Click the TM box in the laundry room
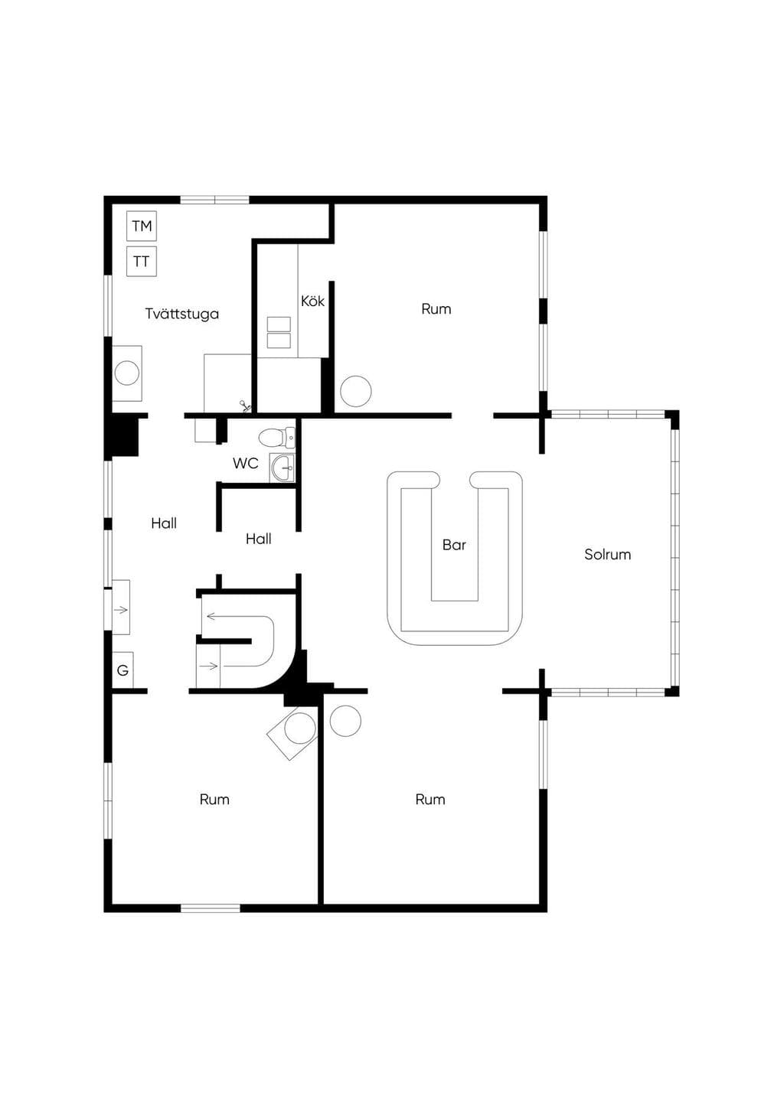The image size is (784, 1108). (142, 226)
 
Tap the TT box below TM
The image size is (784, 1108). (142, 261)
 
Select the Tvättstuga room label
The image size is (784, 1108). (181, 314)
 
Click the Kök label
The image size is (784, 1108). (312, 301)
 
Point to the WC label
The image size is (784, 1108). (246, 464)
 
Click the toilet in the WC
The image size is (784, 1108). (276, 437)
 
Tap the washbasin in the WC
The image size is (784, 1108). (282, 468)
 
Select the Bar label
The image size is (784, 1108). (454, 545)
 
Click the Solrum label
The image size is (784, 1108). (607, 555)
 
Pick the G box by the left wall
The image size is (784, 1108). (122, 670)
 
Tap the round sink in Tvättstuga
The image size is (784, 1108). (126, 373)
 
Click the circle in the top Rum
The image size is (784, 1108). (356, 391)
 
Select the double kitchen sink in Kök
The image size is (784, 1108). (279, 332)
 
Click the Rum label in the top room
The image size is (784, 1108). (436, 309)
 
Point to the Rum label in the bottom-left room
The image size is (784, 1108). (214, 800)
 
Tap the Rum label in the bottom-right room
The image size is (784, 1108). (430, 800)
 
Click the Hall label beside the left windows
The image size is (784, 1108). (164, 523)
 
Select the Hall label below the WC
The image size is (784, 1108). (258, 539)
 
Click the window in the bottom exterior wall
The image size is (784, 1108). (211, 908)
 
